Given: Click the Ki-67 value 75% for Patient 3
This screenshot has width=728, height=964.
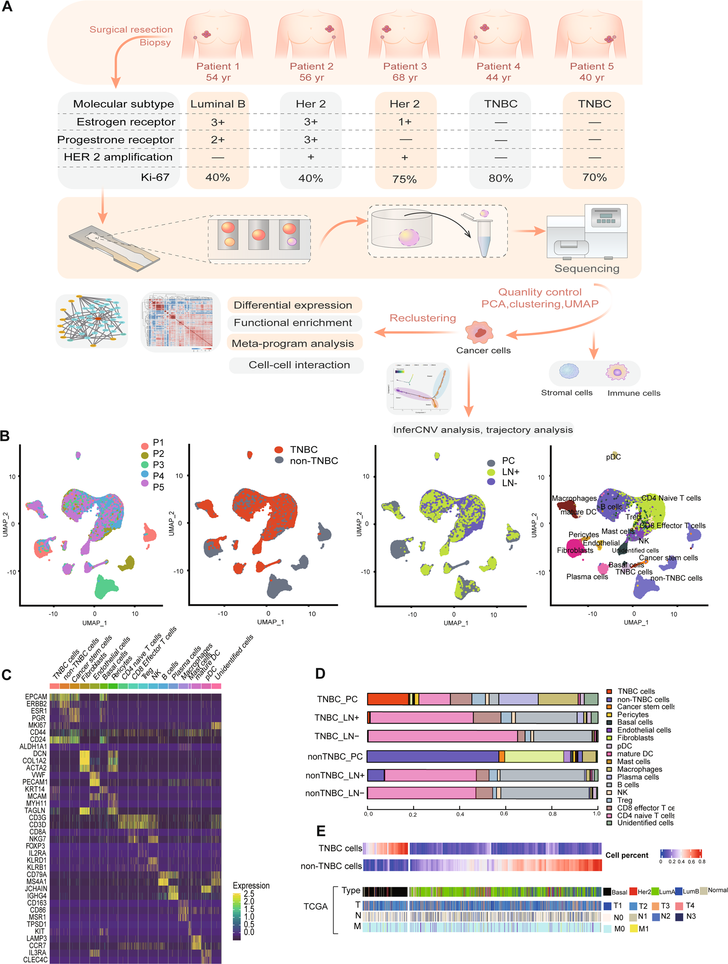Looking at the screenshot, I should pyautogui.click(x=404, y=179).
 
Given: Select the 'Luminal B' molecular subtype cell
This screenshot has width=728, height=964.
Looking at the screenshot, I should pyautogui.click(x=217, y=104).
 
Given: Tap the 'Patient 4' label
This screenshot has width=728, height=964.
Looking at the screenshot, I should pyautogui.click(x=498, y=66).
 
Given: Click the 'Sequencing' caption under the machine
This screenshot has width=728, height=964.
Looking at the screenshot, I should pyautogui.click(x=586, y=268).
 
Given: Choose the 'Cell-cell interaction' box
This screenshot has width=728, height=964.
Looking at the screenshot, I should pyautogui.click(x=299, y=365).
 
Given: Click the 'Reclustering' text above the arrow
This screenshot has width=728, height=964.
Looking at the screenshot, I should pyautogui.click(x=422, y=318).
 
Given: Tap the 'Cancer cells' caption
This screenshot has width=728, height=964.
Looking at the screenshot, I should pyautogui.click(x=483, y=350).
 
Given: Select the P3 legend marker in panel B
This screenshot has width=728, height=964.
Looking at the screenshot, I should pyautogui.click(x=145, y=464).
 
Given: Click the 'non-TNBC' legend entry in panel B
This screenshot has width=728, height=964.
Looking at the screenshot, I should pyautogui.click(x=314, y=461).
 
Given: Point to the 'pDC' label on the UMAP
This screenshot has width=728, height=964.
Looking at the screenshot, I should pyautogui.click(x=613, y=457).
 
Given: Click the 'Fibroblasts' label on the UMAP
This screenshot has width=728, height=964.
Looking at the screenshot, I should pyautogui.click(x=575, y=550).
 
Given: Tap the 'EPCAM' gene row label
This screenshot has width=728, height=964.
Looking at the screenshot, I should pyautogui.click(x=36, y=697).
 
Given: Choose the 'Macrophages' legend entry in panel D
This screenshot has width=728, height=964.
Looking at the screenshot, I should pyautogui.click(x=639, y=769).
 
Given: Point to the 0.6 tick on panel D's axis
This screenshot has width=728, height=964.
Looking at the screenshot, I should pyautogui.click(x=504, y=814).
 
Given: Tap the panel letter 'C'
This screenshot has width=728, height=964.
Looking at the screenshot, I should pyautogui.click(x=7, y=675).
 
